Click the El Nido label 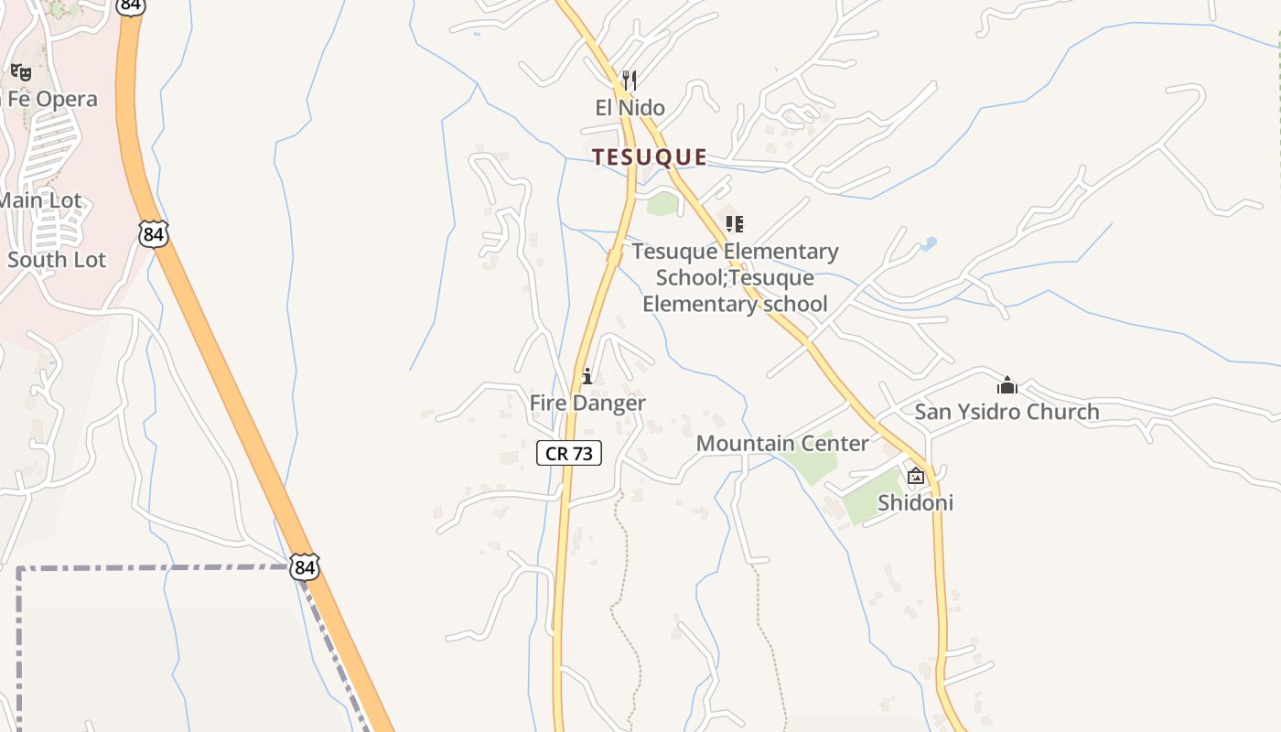point(630,108)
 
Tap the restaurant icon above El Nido point(629,81)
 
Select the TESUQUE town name point(649,157)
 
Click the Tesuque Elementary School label point(735,277)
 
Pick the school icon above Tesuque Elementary point(735,223)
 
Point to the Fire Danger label point(587,403)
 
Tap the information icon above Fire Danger point(587,376)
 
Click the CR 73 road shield point(569,453)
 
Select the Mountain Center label point(782,444)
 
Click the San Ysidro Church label point(1006,412)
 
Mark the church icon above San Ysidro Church point(1007,385)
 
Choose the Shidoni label point(915,502)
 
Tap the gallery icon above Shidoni point(915,476)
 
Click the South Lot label point(57,260)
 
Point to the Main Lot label point(40,200)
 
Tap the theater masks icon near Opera point(21,71)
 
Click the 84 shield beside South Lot point(154,234)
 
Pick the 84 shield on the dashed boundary point(305,567)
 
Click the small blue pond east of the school point(929,244)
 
